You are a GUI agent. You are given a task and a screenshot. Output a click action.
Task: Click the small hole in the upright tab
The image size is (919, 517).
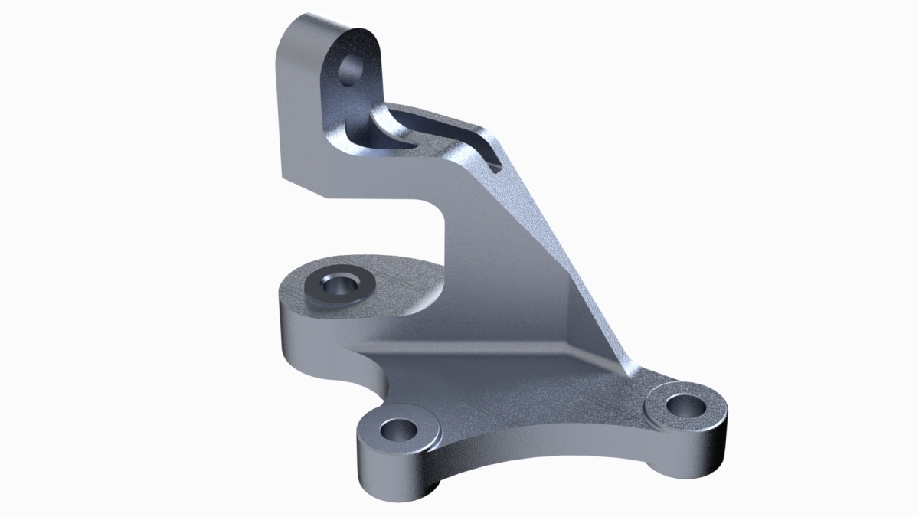click(353, 67)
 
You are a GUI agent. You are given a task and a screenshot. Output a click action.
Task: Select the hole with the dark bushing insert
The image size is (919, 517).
click(337, 285)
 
